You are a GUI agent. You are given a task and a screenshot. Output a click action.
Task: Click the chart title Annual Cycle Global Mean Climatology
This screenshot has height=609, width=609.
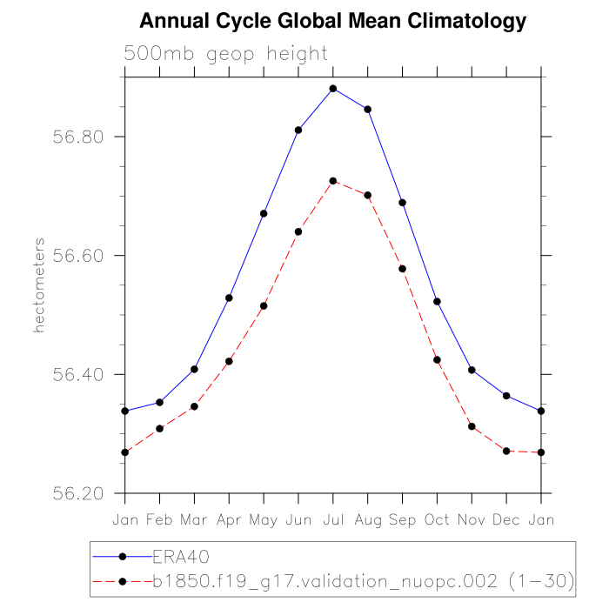click(x=333, y=21)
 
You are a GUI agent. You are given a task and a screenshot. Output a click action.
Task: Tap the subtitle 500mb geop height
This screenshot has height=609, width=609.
click(x=226, y=54)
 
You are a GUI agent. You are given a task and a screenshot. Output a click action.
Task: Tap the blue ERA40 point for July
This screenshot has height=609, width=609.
click(x=333, y=89)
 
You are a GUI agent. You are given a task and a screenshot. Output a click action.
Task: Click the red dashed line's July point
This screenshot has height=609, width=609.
click(x=333, y=181)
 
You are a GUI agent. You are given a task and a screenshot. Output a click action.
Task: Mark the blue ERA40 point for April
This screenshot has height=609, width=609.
click(x=229, y=298)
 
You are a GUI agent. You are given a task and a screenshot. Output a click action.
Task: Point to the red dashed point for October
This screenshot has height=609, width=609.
click(x=437, y=360)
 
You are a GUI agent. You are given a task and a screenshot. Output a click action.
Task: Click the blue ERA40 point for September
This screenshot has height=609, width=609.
click(x=402, y=203)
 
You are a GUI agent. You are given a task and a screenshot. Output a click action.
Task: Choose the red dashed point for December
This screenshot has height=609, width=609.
click(x=506, y=451)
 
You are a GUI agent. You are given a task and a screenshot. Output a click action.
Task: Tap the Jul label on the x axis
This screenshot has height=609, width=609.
click(x=333, y=519)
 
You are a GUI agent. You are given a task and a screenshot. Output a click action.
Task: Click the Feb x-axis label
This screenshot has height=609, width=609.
click(x=159, y=519)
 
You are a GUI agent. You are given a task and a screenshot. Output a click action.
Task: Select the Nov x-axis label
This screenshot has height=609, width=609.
click(x=472, y=519)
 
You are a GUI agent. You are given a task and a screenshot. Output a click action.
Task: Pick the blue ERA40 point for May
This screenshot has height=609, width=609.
click(x=264, y=214)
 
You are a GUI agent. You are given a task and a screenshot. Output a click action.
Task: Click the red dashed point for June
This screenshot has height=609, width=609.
click(x=298, y=232)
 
